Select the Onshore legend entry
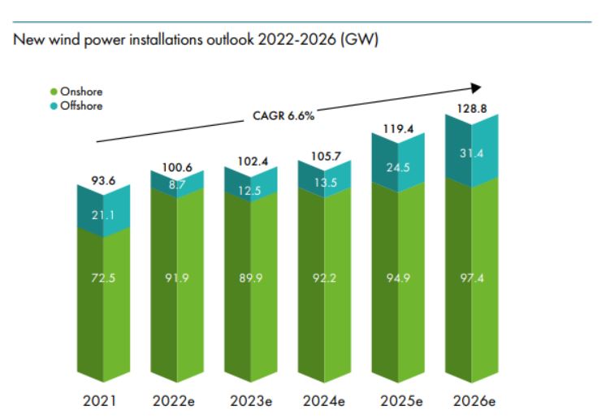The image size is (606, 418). click(x=80, y=92)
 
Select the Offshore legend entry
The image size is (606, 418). click(x=80, y=106)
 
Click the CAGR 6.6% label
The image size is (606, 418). click(x=278, y=115)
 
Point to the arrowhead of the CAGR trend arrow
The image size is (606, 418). click(x=477, y=87)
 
